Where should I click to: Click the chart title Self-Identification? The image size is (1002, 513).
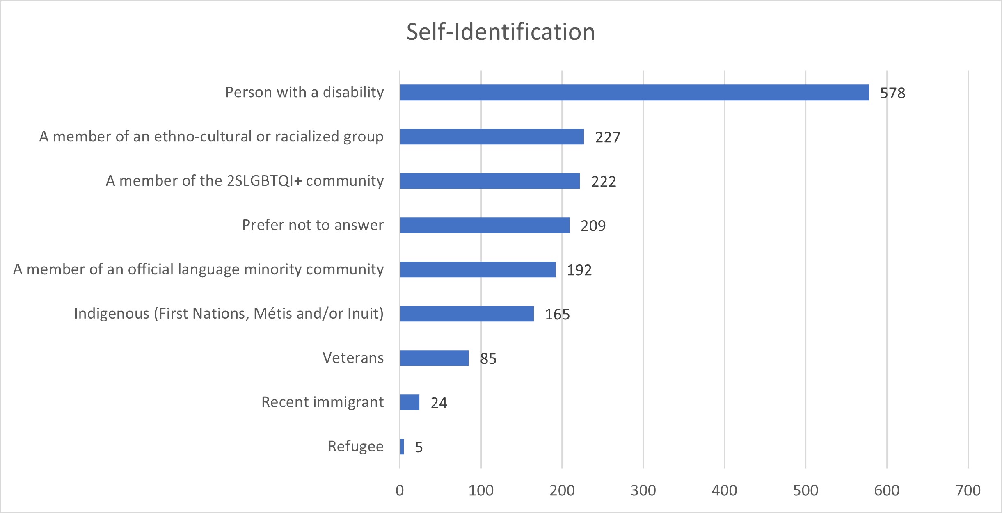pyautogui.click(x=501, y=32)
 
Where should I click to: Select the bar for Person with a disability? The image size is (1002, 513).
pyautogui.click(x=634, y=92)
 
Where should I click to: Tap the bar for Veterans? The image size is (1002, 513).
pyautogui.click(x=434, y=358)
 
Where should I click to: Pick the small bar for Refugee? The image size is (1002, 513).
pyautogui.click(x=402, y=447)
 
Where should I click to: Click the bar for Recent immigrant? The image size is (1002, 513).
pyautogui.click(x=410, y=402)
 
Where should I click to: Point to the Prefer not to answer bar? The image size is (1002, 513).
pyautogui.click(x=485, y=225)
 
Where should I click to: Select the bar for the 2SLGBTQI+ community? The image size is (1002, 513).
pyautogui.click(x=490, y=181)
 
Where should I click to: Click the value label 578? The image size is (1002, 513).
pyautogui.click(x=892, y=93)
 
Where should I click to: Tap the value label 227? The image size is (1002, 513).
pyautogui.click(x=608, y=137)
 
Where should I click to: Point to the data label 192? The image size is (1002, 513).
pyautogui.click(x=579, y=270)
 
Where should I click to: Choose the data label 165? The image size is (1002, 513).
pyautogui.click(x=557, y=315)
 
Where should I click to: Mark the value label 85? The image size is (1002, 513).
pyautogui.click(x=488, y=359)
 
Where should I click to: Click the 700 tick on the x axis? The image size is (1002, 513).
pyautogui.click(x=968, y=490)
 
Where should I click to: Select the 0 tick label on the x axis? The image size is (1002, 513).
pyautogui.click(x=400, y=490)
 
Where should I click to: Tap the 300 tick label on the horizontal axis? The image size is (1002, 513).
pyautogui.click(x=643, y=490)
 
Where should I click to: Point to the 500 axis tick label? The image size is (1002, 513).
pyautogui.click(x=805, y=490)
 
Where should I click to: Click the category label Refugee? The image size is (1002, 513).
pyautogui.click(x=355, y=447)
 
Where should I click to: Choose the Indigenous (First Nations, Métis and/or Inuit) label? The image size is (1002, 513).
pyautogui.click(x=229, y=314)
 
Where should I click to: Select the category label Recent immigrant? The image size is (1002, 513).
pyautogui.click(x=323, y=402)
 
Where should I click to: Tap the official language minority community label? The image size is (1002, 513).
pyautogui.click(x=198, y=269)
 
